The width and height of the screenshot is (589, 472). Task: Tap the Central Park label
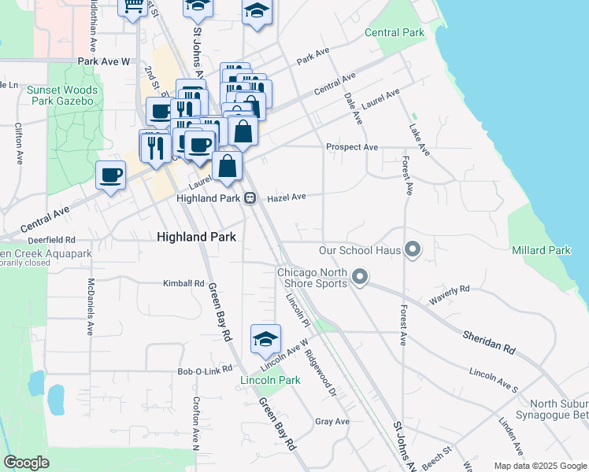click(x=395, y=32)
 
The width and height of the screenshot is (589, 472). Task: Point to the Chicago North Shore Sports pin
click(x=361, y=277)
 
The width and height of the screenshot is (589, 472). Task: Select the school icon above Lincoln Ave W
click(x=266, y=338)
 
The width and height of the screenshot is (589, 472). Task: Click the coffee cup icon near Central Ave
click(x=111, y=175)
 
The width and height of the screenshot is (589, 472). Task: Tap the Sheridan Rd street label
click(x=488, y=341)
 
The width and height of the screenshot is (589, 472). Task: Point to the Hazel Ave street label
click(x=287, y=198)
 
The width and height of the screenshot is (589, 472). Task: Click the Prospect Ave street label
click(x=352, y=147)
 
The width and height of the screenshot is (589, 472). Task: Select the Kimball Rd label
click(x=183, y=283)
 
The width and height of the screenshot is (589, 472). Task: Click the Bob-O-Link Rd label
click(x=206, y=369)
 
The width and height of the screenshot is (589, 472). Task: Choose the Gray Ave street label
click(x=332, y=422)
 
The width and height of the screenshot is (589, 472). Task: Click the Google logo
click(x=26, y=463)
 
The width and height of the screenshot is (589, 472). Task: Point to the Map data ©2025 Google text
click(x=539, y=466)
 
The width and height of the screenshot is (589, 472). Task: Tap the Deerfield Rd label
click(x=50, y=239)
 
